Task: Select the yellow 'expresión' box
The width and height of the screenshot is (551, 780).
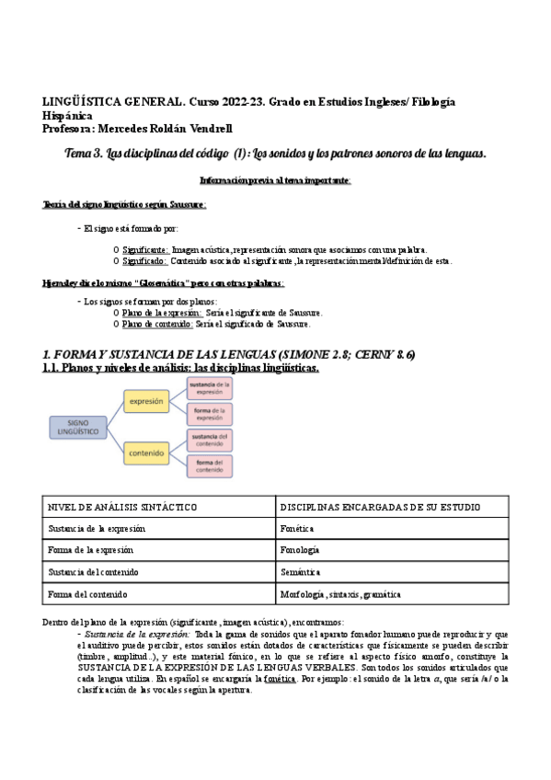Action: [147, 402]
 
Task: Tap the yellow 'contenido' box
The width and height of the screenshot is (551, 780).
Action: [147, 453]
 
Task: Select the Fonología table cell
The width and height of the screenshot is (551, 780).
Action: [300, 550]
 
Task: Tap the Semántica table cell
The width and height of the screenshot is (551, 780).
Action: [300, 572]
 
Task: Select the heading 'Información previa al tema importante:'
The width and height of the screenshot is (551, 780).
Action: [275, 179]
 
